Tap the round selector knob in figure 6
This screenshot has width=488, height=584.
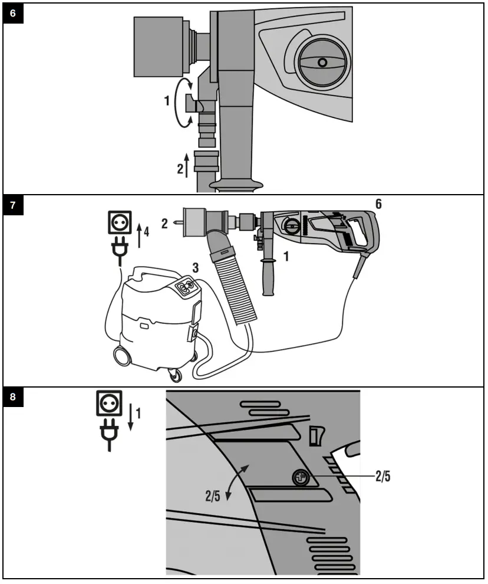pos(321,63)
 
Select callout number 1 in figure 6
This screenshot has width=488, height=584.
pos(167,101)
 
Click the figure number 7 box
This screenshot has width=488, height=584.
pos(14,208)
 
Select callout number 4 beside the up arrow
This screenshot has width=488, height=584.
pos(147,232)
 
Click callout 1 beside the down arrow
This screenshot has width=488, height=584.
pos(139,414)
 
